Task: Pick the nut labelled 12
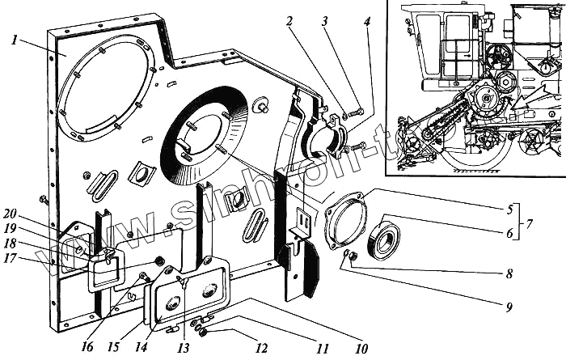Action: pyautogui.click(x=205, y=332)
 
